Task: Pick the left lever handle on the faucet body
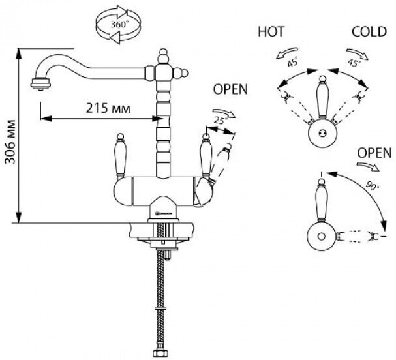pyautogui.click(x=119, y=158)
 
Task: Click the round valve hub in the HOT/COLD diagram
pyautogui.click(x=320, y=132)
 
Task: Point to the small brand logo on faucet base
pyautogui.click(x=157, y=211)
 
